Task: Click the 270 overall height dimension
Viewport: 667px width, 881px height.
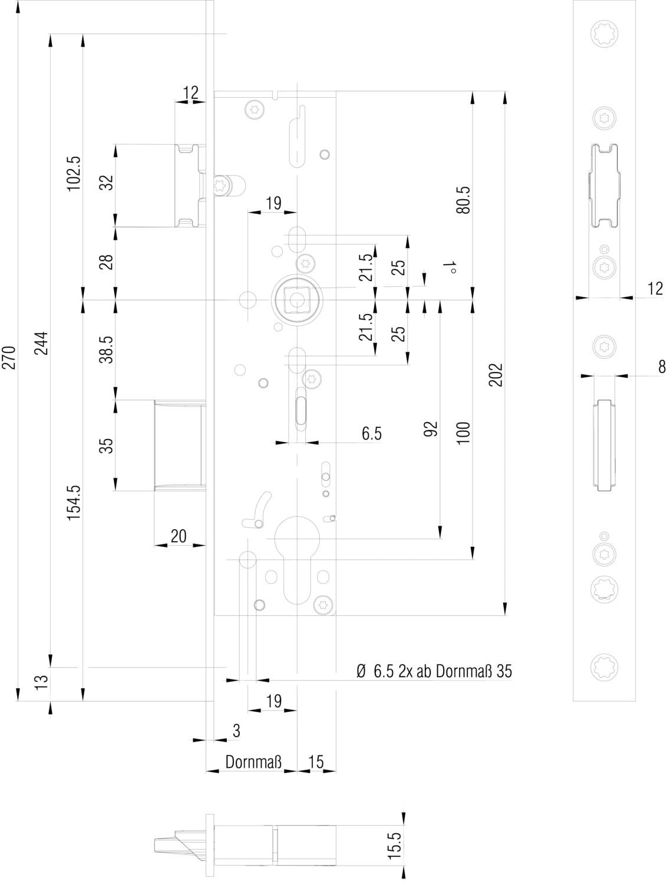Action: click(9, 357)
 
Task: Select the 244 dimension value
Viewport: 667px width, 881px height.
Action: click(42, 344)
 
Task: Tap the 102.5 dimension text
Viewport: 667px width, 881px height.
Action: click(74, 174)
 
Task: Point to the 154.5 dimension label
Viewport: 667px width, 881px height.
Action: click(74, 503)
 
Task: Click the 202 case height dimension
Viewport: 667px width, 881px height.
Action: click(496, 374)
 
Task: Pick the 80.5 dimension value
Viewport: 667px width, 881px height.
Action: click(464, 200)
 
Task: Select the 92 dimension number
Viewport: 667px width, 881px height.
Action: click(431, 428)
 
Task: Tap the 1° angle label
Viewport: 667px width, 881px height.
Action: click(450, 268)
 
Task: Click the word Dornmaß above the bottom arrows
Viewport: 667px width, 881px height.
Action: click(253, 761)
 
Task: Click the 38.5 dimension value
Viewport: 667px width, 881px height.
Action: click(106, 349)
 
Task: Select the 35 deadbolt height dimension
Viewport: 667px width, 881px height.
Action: click(106, 446)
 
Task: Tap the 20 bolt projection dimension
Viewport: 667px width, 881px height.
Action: click(179, 536)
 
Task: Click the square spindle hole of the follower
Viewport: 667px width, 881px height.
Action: click(296, 300)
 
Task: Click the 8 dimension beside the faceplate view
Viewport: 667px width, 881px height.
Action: click(662, 367)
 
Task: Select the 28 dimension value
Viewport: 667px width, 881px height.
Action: click(106, 262)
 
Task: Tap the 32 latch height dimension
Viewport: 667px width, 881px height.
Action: click(106, 183)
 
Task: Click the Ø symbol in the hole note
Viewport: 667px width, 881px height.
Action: click(361, 671)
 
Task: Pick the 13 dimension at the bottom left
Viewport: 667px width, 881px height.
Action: click(42, 682)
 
